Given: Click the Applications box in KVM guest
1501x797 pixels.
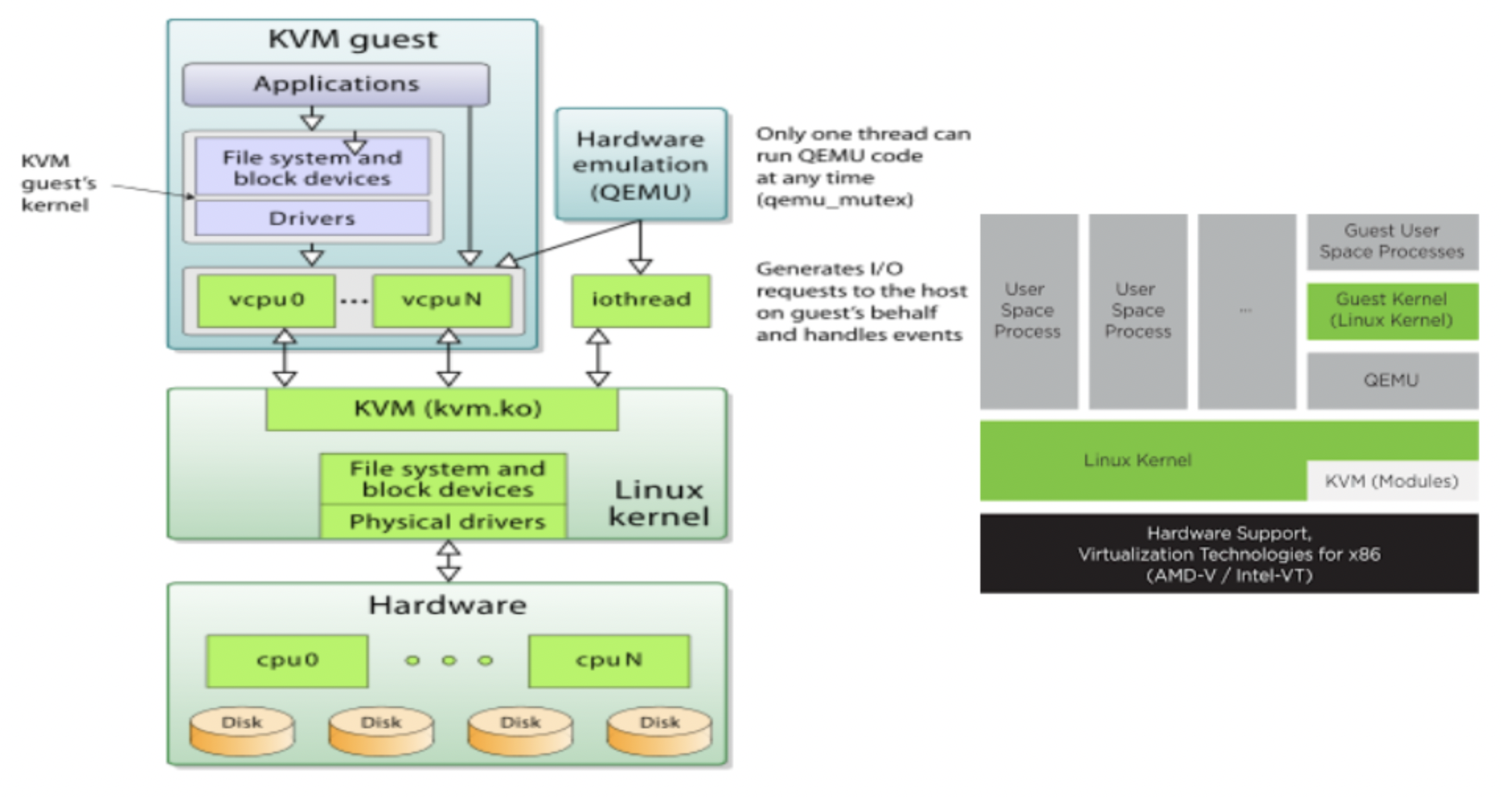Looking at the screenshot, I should coord(336,84).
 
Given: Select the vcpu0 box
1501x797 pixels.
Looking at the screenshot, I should coord(267,300).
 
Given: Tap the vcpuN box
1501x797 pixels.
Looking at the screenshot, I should coord(442,300).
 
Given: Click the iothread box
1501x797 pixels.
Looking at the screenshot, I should coord(641,300).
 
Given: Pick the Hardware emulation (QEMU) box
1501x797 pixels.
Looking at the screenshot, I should coord(641,165).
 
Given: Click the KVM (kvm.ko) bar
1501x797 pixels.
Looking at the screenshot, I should coord(442,409).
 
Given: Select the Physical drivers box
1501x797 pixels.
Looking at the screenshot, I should coord(444,522).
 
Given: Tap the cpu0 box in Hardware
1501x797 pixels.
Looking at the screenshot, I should coord(287,661).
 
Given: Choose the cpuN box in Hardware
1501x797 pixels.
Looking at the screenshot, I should coord(609,661).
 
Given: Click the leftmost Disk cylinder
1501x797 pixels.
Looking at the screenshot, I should coord(242,731).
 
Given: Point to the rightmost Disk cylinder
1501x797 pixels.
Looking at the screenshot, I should coord(660,731).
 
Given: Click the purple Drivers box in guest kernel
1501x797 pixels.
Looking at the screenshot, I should coord(312,219).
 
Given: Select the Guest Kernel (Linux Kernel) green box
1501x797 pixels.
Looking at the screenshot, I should coord(1392,311).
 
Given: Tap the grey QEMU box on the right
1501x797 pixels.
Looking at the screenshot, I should coord(1392,381).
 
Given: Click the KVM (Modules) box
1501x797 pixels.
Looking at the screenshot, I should coord(1392,481).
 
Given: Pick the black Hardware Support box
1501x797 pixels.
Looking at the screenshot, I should coord(1229,554).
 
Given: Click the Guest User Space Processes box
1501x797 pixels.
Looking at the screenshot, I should coord(1392,241).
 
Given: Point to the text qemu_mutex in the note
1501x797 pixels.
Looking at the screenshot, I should coord(834,200).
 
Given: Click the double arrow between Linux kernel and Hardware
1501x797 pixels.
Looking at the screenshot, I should coord(448,561).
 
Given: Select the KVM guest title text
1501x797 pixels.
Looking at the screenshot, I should coord(353,39).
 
